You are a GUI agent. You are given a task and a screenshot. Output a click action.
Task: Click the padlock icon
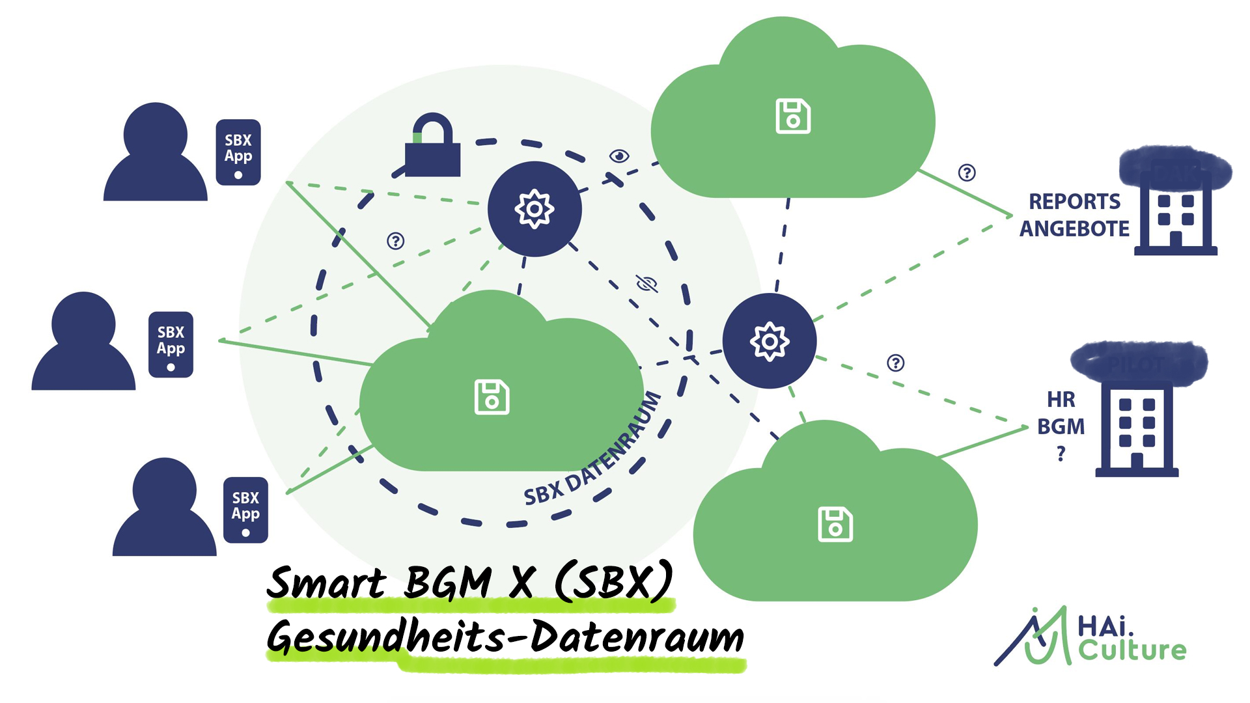coord(432,147)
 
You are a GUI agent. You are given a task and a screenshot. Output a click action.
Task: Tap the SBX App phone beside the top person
coord(238,152)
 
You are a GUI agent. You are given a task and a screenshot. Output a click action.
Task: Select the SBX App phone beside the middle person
coord(171,344)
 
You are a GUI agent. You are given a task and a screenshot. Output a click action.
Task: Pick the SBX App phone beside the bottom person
coord(245,510)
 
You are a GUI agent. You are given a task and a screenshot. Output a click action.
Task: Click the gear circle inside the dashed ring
coord(535,209)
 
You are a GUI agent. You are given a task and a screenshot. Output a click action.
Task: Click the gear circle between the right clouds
coord(770,341)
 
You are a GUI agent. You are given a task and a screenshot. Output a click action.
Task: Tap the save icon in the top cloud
coord(793,117)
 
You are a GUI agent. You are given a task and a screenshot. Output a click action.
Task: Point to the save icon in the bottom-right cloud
coord(835,524)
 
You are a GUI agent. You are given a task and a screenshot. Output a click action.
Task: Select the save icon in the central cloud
coord(492,397)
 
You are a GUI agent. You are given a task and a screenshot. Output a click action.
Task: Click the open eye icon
coord(619,156)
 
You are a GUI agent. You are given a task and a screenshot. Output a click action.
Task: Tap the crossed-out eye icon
coord(646,283)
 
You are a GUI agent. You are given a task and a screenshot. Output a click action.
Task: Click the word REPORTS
coord(1074,202)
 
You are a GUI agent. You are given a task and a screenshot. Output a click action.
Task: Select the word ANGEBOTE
coord(1074,229)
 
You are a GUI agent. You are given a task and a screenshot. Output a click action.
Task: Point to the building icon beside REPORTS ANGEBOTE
coord(1176,215)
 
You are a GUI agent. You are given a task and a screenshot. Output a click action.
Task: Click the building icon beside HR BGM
coord(1137,430)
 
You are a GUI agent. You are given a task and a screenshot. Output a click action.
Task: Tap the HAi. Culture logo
coord(1091,638)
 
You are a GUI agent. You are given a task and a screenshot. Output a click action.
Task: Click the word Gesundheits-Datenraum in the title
coord(505,638)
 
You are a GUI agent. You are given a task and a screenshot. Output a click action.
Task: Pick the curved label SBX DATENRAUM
coord(592,452)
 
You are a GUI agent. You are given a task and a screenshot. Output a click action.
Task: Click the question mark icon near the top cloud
coord(967,172)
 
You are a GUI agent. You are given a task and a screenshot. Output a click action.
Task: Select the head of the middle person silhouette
coord(83,324)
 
